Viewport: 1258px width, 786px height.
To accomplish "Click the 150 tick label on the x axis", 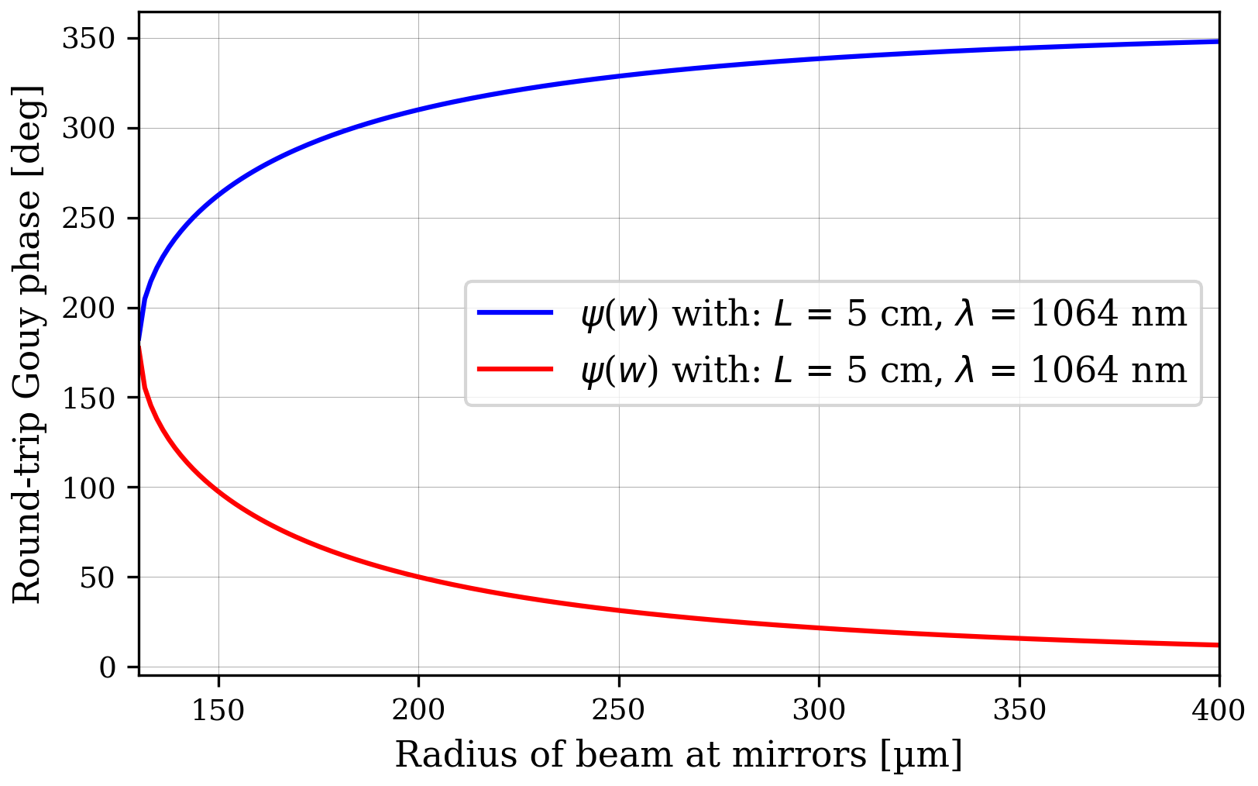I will pyautogui.click(x=218, y=710).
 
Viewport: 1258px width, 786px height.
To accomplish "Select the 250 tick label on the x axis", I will pyautogui.click(x=619, y=710).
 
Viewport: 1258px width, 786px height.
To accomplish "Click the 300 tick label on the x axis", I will pyautogui.click(x=819, y=710).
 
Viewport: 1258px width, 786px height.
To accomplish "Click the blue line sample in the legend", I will pyautogui.click(x=515, y=313).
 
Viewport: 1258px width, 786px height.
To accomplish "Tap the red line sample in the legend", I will pyautogui.click(x=515, y=370).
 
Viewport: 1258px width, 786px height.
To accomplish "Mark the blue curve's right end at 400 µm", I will pyautogui.click(x=1218, y=41).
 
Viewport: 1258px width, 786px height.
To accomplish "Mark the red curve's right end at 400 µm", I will pyautogui.click(x=1218, y=645).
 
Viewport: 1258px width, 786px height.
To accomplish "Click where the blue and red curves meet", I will pyautogui.click(x=139, y=343).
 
